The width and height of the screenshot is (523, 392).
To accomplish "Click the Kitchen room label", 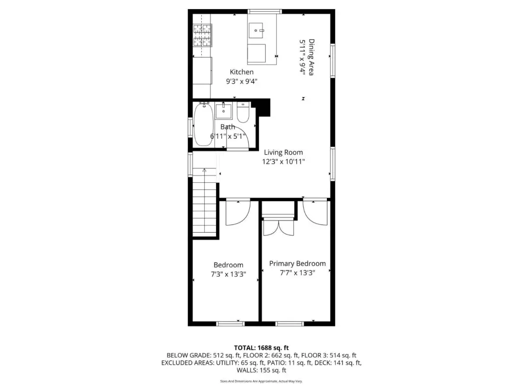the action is coord(242,72).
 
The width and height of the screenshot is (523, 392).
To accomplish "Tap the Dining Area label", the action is coord(311,57).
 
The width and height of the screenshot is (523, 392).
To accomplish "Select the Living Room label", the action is coord(283,152).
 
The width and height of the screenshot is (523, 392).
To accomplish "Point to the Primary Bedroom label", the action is coord(297,264).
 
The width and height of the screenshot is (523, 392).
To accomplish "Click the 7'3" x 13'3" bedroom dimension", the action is coord(228,274).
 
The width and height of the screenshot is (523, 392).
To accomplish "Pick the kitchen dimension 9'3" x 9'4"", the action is coord(242,81).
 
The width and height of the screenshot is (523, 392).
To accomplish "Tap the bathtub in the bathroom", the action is coord(203,125).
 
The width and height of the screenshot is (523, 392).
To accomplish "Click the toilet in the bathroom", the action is coord(243,112).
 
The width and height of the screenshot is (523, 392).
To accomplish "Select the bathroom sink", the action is coord(224,111).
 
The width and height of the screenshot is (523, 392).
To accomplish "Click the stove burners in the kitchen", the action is coord(202,35).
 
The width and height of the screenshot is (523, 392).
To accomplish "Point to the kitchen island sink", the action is coord(256,30).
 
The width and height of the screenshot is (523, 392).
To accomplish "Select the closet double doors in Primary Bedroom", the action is coord(278,227).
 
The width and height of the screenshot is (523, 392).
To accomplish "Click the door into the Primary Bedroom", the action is coord(315,213).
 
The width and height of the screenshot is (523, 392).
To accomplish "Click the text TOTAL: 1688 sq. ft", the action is coord(261,348).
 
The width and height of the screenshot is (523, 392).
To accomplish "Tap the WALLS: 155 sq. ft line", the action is coord(261,370).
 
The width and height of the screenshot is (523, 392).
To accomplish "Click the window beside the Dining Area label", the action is coord(332,61).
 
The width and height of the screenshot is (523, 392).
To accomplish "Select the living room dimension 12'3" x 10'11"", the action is coord(283,162).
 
